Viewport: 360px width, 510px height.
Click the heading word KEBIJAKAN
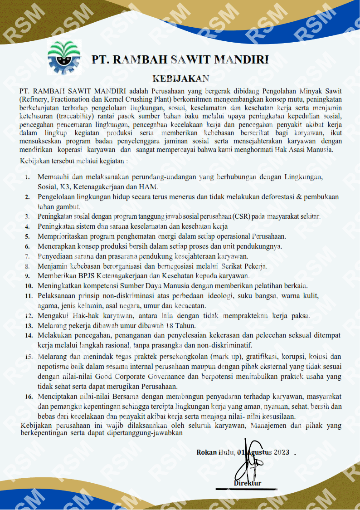[180, 78]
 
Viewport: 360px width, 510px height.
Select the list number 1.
[28, 177]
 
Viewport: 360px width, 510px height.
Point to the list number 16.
[28, 396]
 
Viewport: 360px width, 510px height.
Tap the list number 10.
[29, 286]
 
